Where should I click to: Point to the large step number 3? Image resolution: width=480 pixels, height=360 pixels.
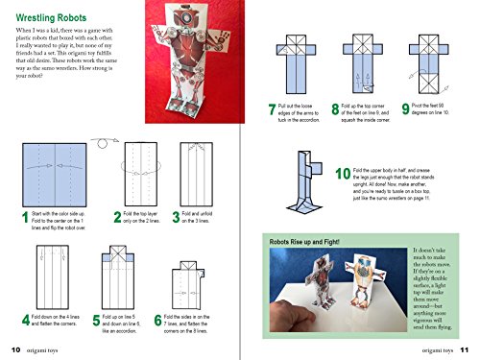pos(176,219)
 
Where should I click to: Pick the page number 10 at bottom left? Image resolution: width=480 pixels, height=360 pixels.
pos(15,349)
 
